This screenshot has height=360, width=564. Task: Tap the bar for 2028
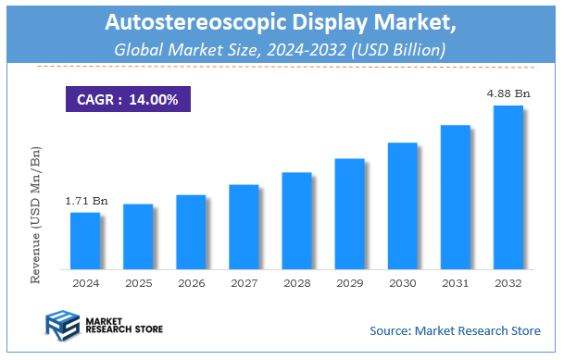coord(296,220)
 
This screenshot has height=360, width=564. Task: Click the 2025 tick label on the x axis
coord(138,282)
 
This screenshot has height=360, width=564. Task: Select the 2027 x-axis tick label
coord(244,282)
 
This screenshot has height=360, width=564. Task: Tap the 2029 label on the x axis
coord(349,282)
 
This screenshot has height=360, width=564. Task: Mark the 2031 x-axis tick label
coord(455,282)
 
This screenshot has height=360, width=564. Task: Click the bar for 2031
coord(455,196)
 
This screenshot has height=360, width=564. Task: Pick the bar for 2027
coord(244,226)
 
